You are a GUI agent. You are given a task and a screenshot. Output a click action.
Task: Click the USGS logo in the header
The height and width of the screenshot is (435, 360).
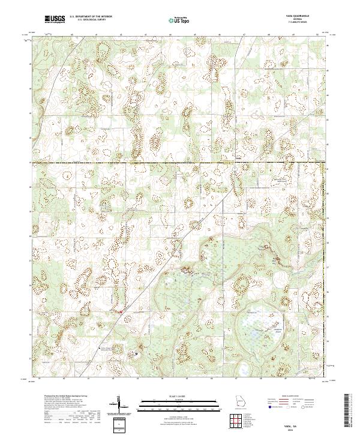click(x=55, y=19)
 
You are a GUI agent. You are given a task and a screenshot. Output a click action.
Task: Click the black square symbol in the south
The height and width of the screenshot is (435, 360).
click(x=136, y=353)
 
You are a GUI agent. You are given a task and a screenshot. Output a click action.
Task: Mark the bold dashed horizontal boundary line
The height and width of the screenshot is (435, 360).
click(x=180, y=163)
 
